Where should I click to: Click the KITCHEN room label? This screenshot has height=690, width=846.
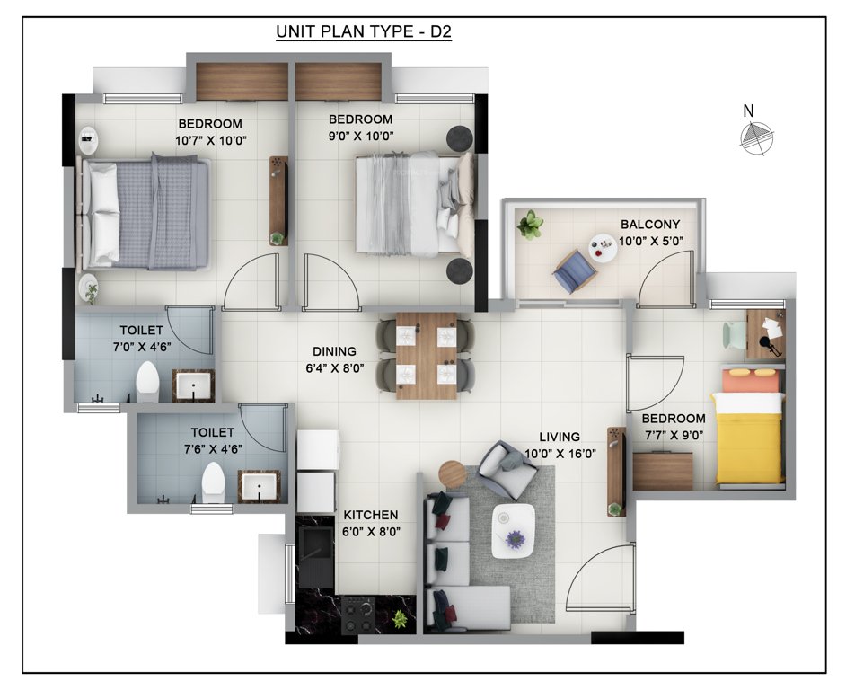(x=371, y=515)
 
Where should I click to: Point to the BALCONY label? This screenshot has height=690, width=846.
(x=650, y=225)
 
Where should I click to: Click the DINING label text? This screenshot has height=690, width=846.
(x=334, y=351)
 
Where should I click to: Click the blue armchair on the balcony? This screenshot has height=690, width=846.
(x=572, y=270)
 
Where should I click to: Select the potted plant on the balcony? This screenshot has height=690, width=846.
(x=530, y=224)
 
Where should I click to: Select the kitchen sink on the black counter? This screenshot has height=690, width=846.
(x=315, y=550)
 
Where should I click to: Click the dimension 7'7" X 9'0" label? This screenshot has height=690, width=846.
(x=673, y=435)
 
